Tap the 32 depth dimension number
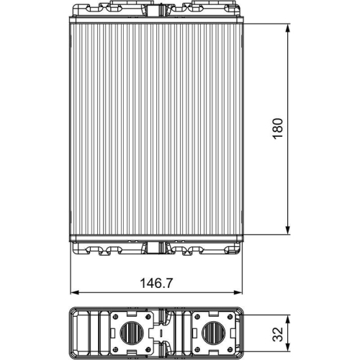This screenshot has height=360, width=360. click(278, 332)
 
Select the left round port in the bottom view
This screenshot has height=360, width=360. click(131, 332)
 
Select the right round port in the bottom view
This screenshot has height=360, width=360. click(214, 332)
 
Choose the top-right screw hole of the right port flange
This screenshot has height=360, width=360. click(231, 317)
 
